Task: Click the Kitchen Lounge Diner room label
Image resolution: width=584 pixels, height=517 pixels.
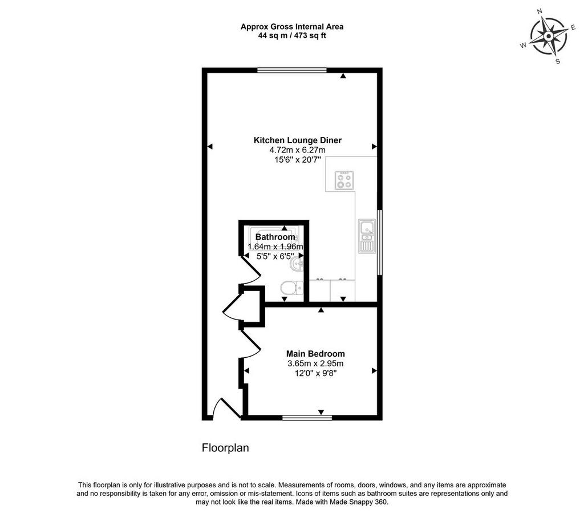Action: pos(297,140)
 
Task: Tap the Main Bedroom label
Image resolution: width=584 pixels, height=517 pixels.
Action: pos(315,353)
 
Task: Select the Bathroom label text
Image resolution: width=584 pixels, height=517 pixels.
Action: pos(275,237)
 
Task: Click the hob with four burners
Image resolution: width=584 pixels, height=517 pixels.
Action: pos(344,180)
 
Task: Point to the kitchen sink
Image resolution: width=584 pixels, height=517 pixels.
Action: pos(367,236)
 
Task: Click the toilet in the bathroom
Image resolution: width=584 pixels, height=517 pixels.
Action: pos(291,288)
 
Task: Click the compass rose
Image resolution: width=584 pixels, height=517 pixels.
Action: pos(549,37)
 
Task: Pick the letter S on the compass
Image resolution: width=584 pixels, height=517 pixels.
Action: pos(558,62)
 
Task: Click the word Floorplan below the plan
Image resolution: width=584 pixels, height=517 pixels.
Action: pos(225,448)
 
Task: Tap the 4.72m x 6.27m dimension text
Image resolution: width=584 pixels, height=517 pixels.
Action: pos(297,150)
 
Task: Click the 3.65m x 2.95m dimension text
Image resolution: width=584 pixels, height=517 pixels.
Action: pos(315,363)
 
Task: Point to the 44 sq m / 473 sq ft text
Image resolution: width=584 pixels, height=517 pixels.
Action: pos(292,36)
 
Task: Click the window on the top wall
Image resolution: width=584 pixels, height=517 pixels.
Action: pos(292,70)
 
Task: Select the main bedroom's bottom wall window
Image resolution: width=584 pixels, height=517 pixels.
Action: pos(307,418)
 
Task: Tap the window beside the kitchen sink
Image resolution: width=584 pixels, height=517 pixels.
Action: pos(380,243)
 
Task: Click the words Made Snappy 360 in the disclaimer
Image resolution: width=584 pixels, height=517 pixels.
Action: pos(358,502)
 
